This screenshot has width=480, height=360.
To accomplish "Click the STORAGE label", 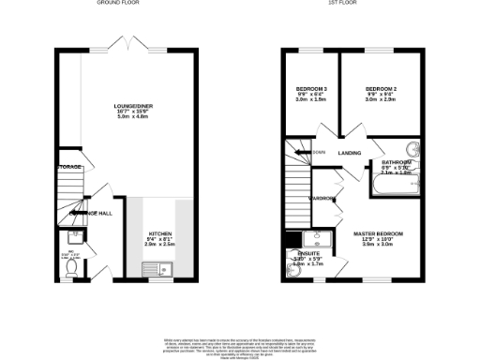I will click(x=68, y=168).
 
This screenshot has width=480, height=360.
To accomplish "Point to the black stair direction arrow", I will click(x=302, y=152).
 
